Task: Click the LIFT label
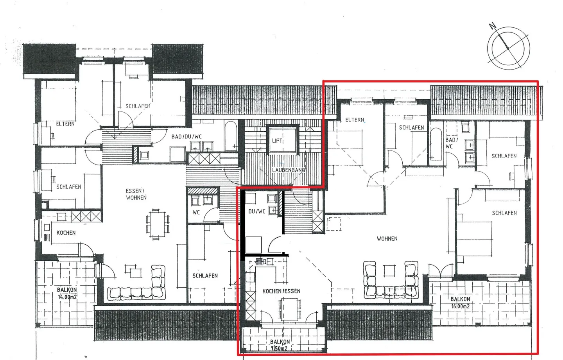pos(277,141)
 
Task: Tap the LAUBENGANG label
pos(289,170)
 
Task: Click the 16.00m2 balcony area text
pos(461,306)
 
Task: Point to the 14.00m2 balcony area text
pos(67,297)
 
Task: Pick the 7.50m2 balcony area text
pos(279,349)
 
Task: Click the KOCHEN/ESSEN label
pos(281,291)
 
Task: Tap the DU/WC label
pos(257,211)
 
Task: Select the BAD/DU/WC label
pos(186,137)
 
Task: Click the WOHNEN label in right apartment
pos(387,238)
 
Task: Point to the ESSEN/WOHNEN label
pos(136,194)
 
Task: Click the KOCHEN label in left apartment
pos(66,233)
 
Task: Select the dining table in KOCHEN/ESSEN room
pos(290,309)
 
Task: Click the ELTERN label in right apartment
pos(355,120)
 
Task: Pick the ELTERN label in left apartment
pos(65,124)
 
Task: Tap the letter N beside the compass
pos(492,27)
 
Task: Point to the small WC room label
pos(196,212)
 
